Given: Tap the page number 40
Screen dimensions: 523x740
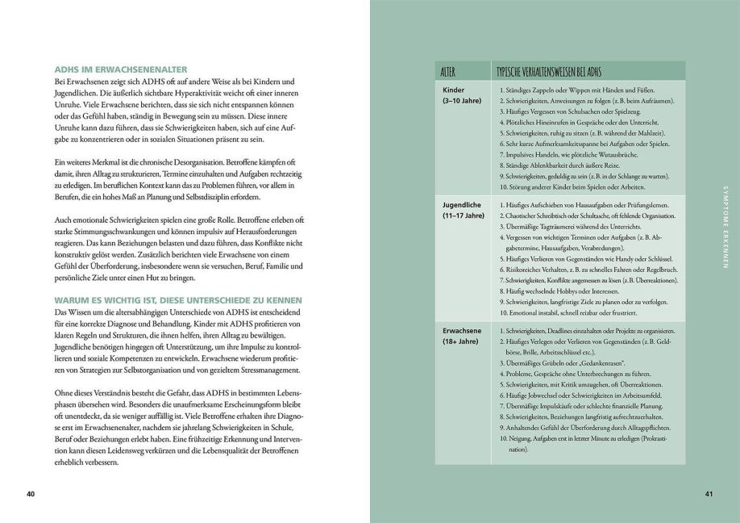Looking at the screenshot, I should coord(31,493).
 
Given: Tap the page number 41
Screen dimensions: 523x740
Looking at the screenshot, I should coord(709,493).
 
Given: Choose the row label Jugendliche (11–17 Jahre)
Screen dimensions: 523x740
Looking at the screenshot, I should coord(464,211).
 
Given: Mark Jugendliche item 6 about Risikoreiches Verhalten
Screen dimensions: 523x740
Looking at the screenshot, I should coord(588,269).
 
